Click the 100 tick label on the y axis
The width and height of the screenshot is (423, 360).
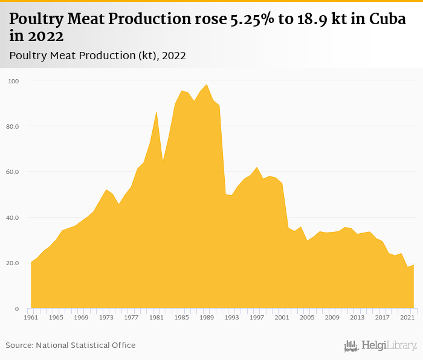(13, 81)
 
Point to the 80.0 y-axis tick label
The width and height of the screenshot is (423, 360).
(13, 126)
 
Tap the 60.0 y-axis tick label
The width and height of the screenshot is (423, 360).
(13, 172)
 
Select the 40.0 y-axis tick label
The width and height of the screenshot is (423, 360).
(13, 217)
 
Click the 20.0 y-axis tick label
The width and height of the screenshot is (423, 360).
(13, 263)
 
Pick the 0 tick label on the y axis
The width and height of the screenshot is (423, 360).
(16, 309)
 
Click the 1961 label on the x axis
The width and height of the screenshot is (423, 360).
(31, 318)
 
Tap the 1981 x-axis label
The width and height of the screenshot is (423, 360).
(157, 318)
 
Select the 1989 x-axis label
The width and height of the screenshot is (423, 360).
(207, 318)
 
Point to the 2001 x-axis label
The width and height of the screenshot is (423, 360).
(282, 318)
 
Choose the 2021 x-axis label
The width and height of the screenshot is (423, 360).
(407, 318)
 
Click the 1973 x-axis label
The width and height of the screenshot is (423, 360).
(106, 318)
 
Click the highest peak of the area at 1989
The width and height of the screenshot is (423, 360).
(207, 85)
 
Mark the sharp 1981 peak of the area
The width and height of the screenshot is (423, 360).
(157, 112)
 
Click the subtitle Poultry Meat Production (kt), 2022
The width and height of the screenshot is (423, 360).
(97, 56)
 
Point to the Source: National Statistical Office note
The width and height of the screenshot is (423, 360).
(71, 345)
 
